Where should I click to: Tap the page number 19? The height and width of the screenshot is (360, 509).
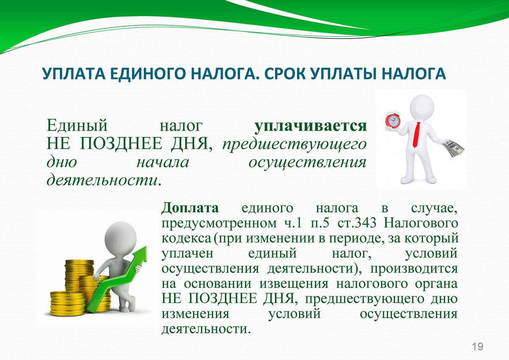pos(478,347)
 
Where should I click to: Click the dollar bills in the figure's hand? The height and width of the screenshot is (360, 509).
pos(453,148)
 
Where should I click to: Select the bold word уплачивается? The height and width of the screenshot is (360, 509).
pos(310,126)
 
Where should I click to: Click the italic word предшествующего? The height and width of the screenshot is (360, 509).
pos(294,145)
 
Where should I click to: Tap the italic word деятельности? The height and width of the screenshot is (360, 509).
pos(102,180)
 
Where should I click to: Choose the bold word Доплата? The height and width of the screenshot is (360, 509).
pos(190,208)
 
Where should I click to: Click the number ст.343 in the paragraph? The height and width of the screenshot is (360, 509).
pos(357,223)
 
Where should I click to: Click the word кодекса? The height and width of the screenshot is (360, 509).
pos(186,238)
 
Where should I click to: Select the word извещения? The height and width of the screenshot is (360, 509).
pos(294,285)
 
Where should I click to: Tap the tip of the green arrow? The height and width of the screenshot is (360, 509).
pos(146,247)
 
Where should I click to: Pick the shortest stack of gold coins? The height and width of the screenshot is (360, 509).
pos(68,304)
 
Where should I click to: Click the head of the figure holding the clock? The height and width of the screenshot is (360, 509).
pos(422,106)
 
